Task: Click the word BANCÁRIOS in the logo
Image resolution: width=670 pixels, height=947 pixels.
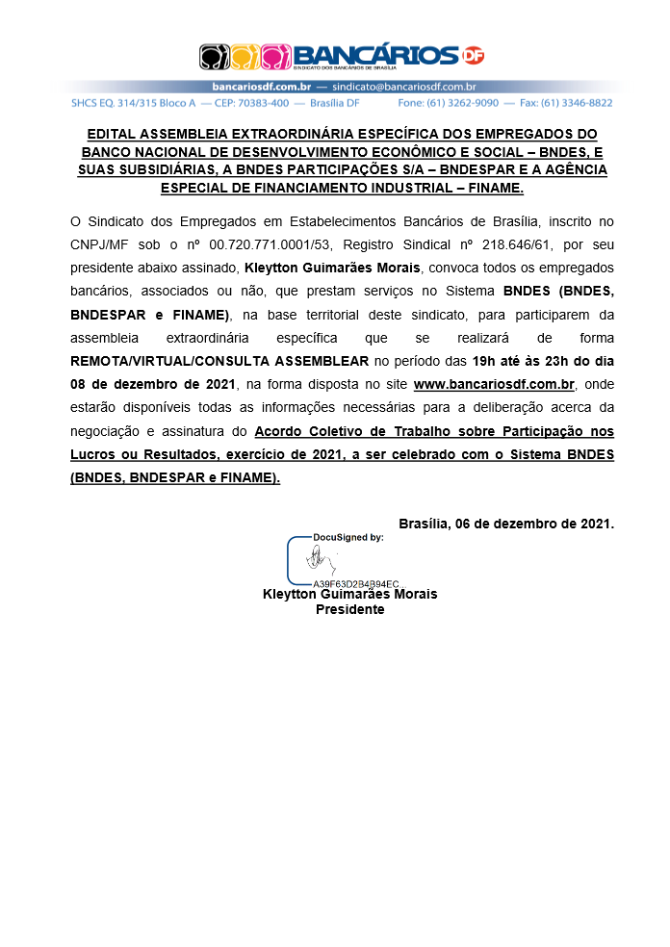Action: [x=374, y=54]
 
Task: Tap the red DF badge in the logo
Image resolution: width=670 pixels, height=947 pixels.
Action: [x=473, y=56]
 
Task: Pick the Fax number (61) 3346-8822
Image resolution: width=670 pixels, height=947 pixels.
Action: [x=578, y=102]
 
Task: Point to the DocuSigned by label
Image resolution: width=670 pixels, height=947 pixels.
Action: [x=348, y=537]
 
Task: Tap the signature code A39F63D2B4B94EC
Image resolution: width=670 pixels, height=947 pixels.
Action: [x=355, y=583]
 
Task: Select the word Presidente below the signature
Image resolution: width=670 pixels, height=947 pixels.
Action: [x=350, y=609]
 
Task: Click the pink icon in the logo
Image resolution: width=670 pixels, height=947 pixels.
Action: [x=275, y=56]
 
